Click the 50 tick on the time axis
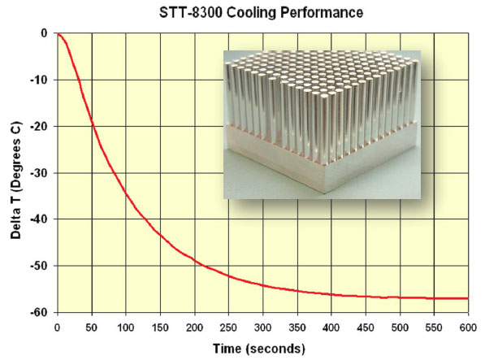[x=91, y=327]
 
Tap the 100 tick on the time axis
[x=125, y=327]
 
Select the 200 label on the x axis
[x=194, y=327]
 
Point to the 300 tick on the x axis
[x=262, y=327]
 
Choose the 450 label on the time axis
[x=366, y=327]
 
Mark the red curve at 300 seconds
[x=262, y=284]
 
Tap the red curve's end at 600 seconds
[x=468, y=298]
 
